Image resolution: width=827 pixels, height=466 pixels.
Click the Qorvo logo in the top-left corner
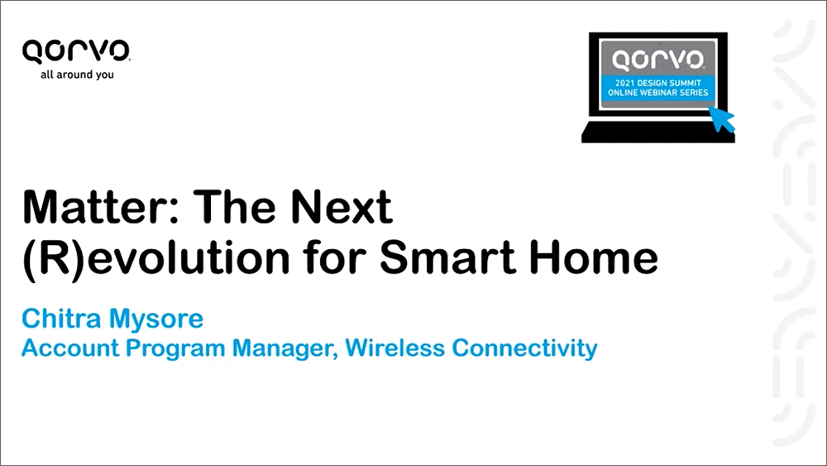(76, 51)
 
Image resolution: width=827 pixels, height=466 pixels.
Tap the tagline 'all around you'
(77, 74)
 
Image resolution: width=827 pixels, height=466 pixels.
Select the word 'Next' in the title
(342, 207)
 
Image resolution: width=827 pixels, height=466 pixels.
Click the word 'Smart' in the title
(447, 257)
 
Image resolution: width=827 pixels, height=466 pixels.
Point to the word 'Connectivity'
(524, 349)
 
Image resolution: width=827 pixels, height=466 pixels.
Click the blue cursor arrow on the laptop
(721, 118)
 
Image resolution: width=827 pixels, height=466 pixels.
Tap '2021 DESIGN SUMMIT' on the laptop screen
(658, 83)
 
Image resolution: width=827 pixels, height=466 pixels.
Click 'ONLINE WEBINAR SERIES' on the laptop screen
(658, 93)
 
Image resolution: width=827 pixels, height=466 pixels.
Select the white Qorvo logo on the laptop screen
(657, 60)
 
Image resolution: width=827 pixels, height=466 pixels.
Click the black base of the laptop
(657, 132)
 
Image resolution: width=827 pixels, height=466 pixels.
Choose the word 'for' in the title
(334, 257)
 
